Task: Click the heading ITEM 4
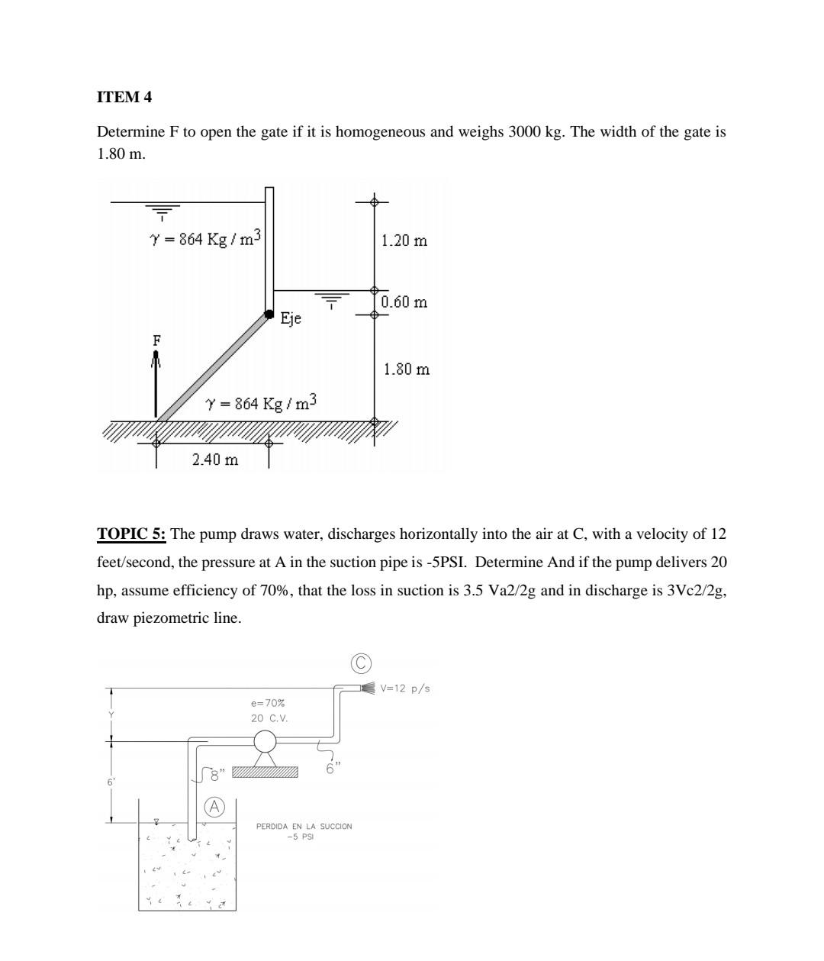pos(124,97)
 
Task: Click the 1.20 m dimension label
pos(404,240)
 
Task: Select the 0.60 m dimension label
pos(404,302)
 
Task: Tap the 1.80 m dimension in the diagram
pos(406,369)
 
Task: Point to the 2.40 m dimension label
pos(214,460)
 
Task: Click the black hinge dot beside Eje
pos(269,314)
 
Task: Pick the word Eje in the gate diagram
pos(291,318)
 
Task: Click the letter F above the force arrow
pos(156,340)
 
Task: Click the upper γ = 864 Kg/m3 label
pos(205,238)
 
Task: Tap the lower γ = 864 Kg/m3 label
pos(261,402)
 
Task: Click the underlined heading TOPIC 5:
pos(131,534)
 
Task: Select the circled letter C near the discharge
pos(360,663)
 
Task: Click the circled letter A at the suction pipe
pos(215,807)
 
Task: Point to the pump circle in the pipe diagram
pos(265,741)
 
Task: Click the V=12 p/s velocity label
pos(405,689)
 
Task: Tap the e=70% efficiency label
pos(267,702)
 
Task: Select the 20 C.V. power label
pos(269,718)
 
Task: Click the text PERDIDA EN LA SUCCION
pos(304,826)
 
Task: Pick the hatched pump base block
pos(265,772)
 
